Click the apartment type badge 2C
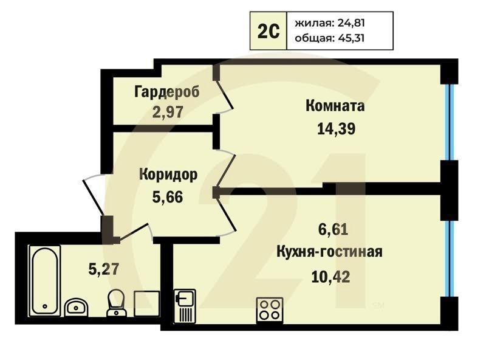(x=269, y=31)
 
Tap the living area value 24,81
(x=349, y=24)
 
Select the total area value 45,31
(x=349, y=39)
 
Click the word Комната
(x=335, y=106)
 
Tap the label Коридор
(x=168, y=175)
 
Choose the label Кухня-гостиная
(x=329, y=252)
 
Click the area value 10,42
(x=330, y=277)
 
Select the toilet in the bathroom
(x=115, y=302)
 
